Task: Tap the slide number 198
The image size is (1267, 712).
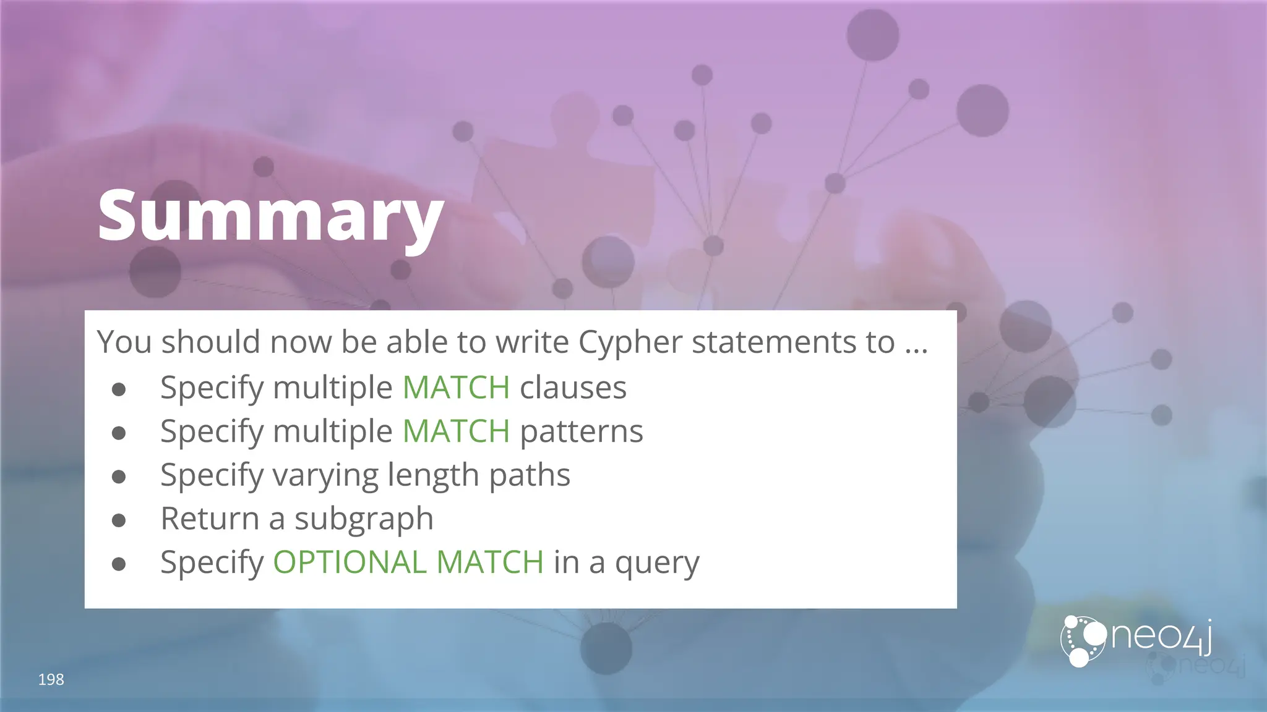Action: click(x=51, y=679)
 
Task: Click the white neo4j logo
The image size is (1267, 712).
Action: click(x=1136, y=641)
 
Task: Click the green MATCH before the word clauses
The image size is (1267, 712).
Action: click(x=456, y=388)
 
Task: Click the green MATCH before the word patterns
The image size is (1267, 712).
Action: click(x=456, y=431)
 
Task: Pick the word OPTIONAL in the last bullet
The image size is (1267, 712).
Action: click(x=350, y=562)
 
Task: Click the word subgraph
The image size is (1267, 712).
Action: click(x=364, y=519)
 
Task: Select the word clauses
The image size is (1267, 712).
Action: click(x=573, y=388)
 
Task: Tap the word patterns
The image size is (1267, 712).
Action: click(x=581, y=431)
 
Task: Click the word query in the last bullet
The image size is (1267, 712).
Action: click(x=656, y=563)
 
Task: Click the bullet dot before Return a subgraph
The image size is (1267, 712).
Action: click(x=119, y=520)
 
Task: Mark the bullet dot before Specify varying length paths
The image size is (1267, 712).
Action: click(x=119, y=477)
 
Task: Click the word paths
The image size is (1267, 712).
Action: click(x=529, y=475)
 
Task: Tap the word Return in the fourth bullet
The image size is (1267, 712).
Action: click(x=210, y=518)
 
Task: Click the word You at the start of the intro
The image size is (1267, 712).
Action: click(x=124, y=342)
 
